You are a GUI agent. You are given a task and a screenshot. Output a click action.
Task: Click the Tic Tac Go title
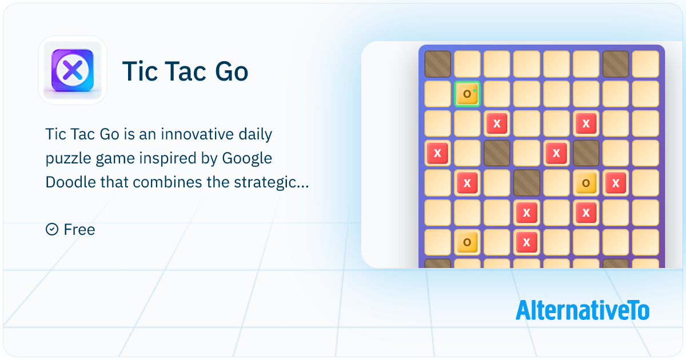185,72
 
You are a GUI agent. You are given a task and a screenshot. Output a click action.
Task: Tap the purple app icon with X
72,70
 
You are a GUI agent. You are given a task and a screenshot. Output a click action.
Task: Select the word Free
79,230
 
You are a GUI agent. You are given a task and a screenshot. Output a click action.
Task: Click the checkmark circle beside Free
52,230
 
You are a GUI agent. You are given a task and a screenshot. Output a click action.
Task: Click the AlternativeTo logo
582,310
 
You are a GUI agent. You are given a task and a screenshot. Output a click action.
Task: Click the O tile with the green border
468,94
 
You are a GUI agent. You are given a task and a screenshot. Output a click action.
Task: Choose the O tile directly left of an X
586,183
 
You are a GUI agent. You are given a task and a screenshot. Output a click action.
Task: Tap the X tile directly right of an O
616,183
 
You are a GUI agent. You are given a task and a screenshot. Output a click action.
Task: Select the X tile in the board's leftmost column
437,153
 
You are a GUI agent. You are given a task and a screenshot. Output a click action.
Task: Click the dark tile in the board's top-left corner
437,64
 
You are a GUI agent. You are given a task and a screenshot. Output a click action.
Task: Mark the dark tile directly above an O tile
586,153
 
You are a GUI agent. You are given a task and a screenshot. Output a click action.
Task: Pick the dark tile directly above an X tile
527,183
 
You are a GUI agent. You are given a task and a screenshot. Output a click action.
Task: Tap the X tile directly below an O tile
586,213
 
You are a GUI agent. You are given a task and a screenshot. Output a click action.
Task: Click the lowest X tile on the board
527,242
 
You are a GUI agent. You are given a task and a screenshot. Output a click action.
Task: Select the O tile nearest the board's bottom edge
467,242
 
